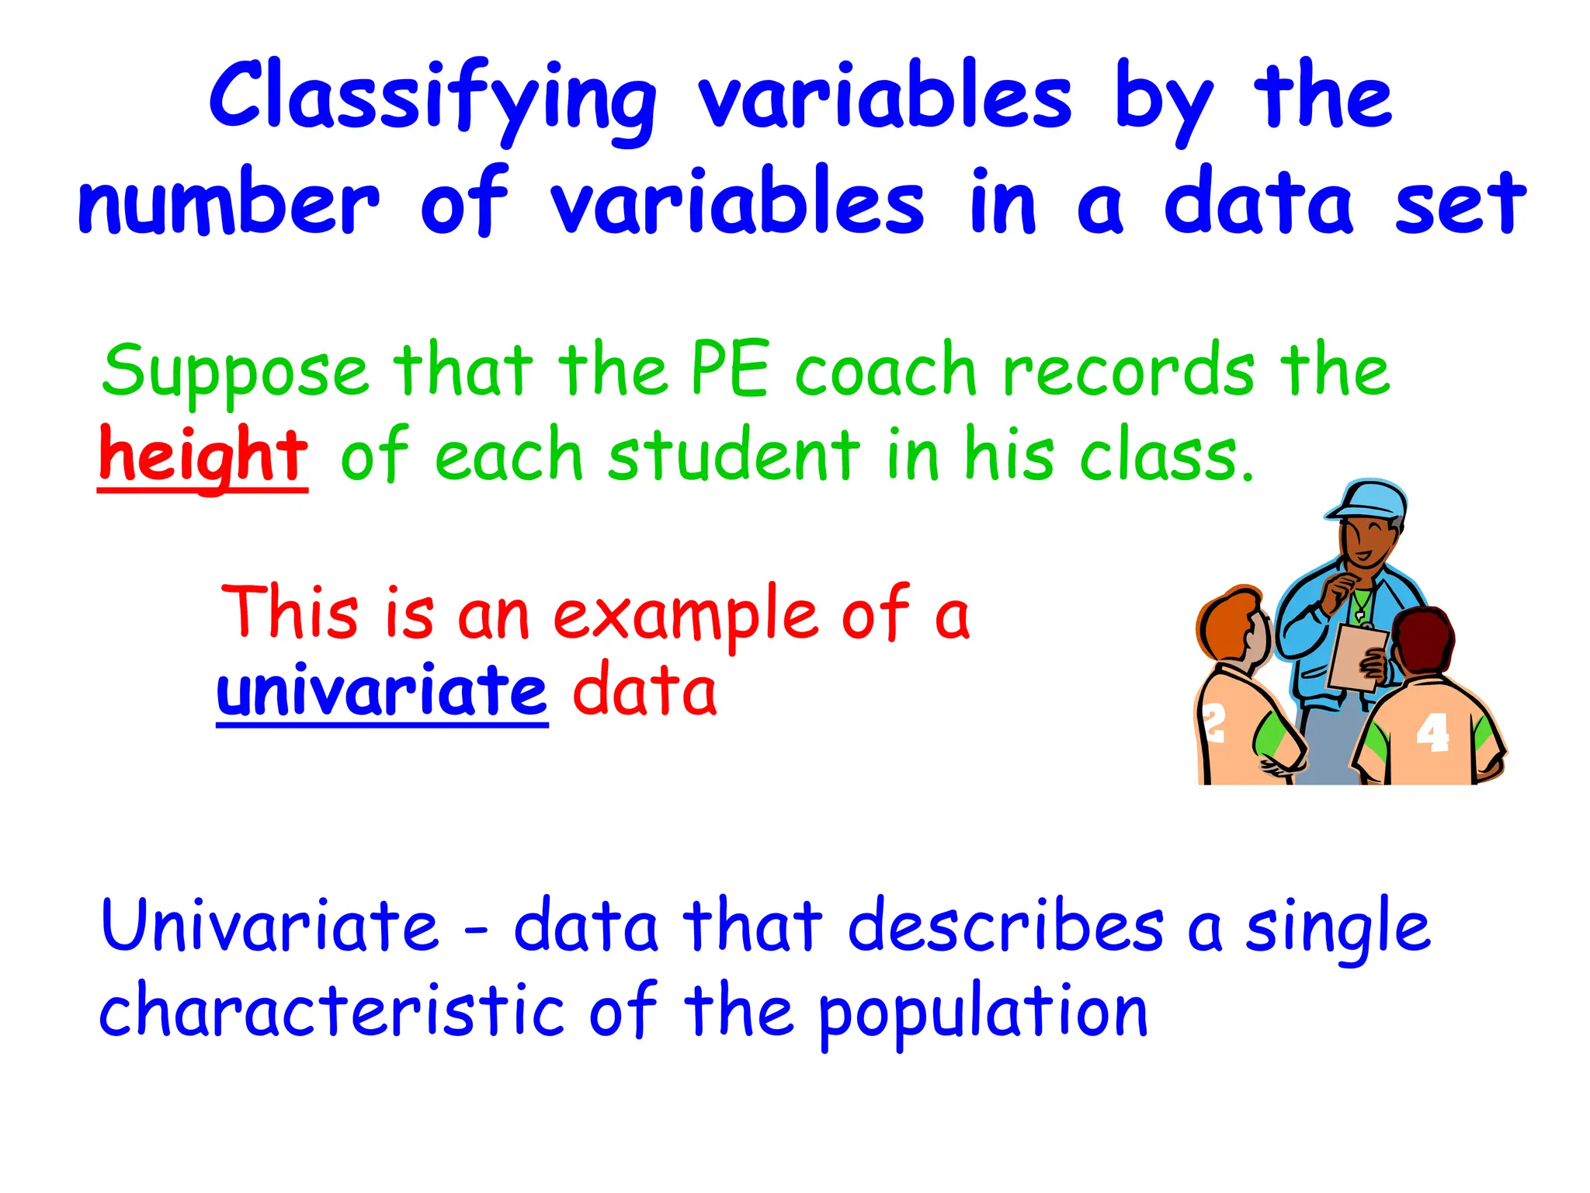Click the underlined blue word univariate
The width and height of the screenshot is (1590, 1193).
[382, 691]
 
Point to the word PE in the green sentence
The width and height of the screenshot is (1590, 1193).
[730, 371]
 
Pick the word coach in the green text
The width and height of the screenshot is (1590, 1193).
[885, 371]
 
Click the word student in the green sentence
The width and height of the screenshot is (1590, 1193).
[734, 457]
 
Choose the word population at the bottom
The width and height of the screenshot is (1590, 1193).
[983, 1014]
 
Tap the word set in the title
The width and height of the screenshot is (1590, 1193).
[1460, 203]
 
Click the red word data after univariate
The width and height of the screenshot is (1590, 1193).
[644, 691]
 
